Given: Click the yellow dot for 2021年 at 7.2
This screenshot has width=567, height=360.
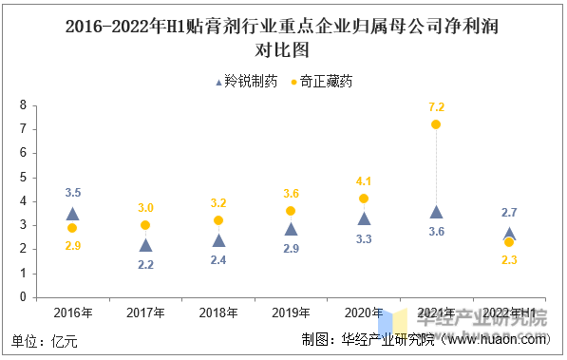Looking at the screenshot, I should (x=436, y=124).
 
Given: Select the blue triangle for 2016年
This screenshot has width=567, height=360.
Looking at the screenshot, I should (x=72, y=214).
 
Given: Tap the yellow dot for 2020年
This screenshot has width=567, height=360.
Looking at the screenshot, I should (x=364, y=199).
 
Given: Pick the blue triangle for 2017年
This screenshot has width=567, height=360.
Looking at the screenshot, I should (x=145, y=245).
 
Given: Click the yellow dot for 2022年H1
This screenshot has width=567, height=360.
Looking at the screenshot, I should (x=509, y=242).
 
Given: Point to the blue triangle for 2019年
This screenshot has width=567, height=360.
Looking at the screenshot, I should (x=291, y=228).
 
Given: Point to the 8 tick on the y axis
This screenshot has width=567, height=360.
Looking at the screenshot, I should (x=23, y=105).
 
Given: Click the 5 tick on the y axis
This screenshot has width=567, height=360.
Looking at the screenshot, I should (x=23, y=178).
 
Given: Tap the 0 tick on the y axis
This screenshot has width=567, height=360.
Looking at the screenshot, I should (x=23, y=297).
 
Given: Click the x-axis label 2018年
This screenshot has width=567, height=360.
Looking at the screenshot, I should (x=217, y=313).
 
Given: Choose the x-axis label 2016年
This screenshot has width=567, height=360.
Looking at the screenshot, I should (x=72, y=313).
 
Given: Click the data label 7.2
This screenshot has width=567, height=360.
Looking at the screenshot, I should (x=436, y=106).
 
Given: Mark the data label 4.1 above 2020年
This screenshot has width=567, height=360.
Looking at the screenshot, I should (x=364, y=180).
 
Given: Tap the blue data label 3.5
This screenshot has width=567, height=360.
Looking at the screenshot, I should (x=72, y=193).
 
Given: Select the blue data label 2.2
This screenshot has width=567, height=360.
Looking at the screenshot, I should (x=145, y=265).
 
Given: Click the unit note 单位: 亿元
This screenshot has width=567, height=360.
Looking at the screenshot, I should (x=45, y=340).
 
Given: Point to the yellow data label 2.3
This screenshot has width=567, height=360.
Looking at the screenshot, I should (x=509, y=260).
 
